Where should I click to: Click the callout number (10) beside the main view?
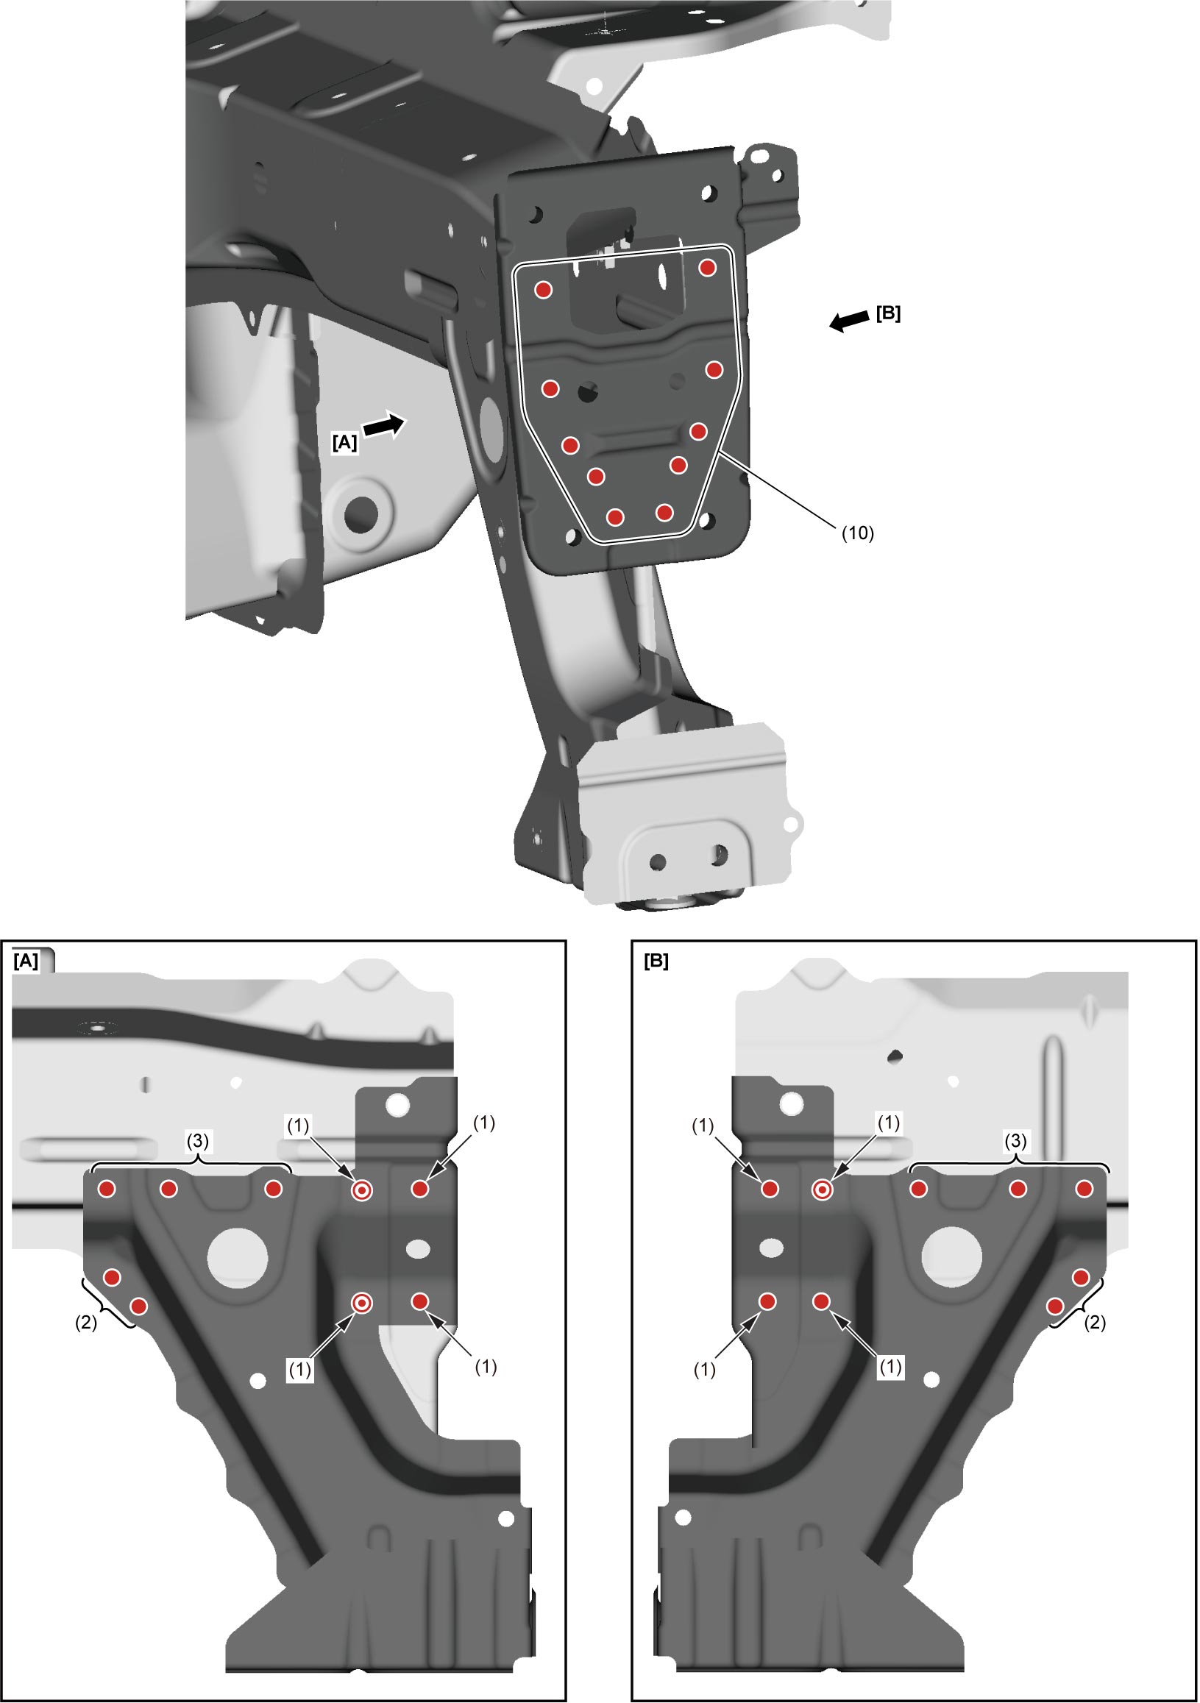click(x=857, y=533)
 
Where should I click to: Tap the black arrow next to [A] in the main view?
click(x=384, y=426)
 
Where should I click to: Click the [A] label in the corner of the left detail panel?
click(x=26, y=961)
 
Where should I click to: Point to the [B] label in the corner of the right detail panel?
click(x=656, y=961)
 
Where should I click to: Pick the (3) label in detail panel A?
click(x=197, y=1140)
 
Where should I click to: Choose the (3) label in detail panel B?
click(x=1015, y=1140)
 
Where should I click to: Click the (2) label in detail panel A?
click(x=86, y=1323)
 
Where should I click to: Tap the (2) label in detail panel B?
click(x=1095, y=1323)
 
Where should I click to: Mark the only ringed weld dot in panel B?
click(x=822, y=1190)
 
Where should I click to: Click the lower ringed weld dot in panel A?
click(x=361, y=1304)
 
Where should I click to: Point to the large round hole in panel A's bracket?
click(x=238, y=1258)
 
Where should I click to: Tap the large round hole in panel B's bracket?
click(x=951, y=1258)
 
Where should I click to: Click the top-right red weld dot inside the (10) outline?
click(x=708, y=268)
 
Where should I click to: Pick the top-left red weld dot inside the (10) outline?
click(x=544, y=290)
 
